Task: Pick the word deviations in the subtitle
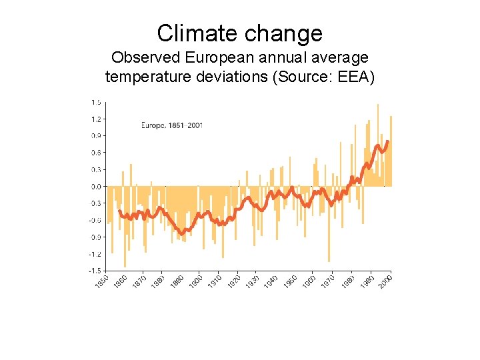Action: point(230,77)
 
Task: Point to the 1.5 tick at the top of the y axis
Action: point(97,103)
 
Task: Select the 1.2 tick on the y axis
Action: point(97,119)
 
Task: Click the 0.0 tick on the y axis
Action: point(97,187)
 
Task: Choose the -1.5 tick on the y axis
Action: point(96,271)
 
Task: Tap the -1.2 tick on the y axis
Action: point(96,254)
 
